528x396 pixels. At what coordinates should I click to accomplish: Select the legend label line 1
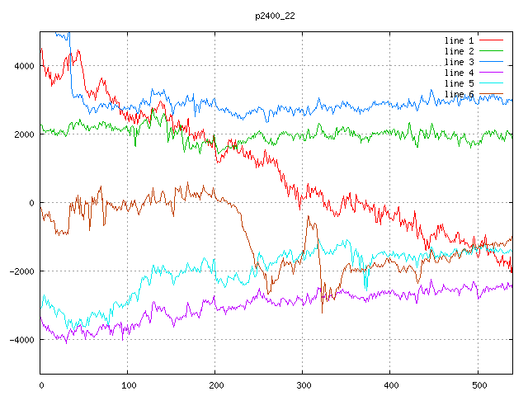pos(460,40)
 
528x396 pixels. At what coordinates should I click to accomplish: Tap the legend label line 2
pos(460,51)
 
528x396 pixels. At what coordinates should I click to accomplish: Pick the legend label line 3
pos(460,62)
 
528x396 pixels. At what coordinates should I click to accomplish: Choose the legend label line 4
pos(460,73)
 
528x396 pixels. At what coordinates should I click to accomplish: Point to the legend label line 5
pos(460,83)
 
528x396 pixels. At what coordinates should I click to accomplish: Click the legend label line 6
pos(460,94)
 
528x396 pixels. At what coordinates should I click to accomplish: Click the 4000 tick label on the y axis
pos(23,66)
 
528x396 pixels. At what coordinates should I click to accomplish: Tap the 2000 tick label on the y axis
pos(23,134)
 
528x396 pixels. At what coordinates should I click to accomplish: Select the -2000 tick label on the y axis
pos(21,271)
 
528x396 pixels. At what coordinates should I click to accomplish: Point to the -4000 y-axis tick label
pos(21,340)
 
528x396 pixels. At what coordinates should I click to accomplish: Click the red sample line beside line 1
pos(492,40)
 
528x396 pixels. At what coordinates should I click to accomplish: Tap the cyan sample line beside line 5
pos(492,83)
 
